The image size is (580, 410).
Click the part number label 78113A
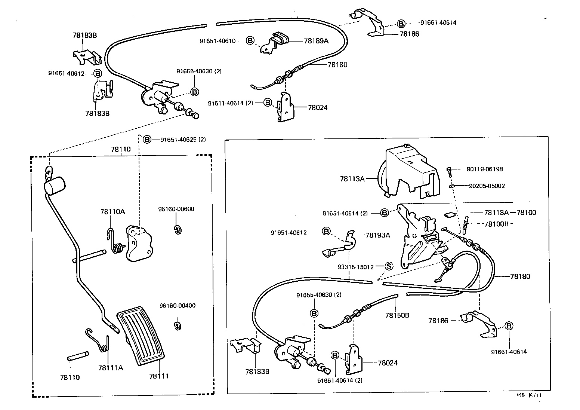tap(352, 179)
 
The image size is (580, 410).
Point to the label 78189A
tap(316, 41)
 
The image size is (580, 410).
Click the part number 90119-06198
tap(484, 169)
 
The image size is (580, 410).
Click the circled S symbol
tap(389, 266)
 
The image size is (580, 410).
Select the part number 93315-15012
tap(355, 267)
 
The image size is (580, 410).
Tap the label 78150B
tap(397, 315)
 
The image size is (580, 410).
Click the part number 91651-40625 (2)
tap(183, 140)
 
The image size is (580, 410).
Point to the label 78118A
tap(496, 212)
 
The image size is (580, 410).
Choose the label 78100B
tap(496, 224)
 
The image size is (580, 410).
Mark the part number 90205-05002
tap(487, 186)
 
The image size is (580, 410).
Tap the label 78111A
tap(110, 368)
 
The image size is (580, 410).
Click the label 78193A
tap(377, 235)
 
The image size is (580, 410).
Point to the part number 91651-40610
tap(217, 41)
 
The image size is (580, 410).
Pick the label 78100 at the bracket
tap(526, 212)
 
